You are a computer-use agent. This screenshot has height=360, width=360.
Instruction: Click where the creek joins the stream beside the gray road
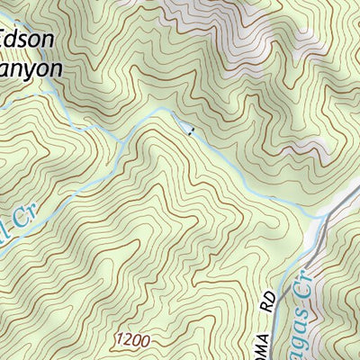(320, 215)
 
